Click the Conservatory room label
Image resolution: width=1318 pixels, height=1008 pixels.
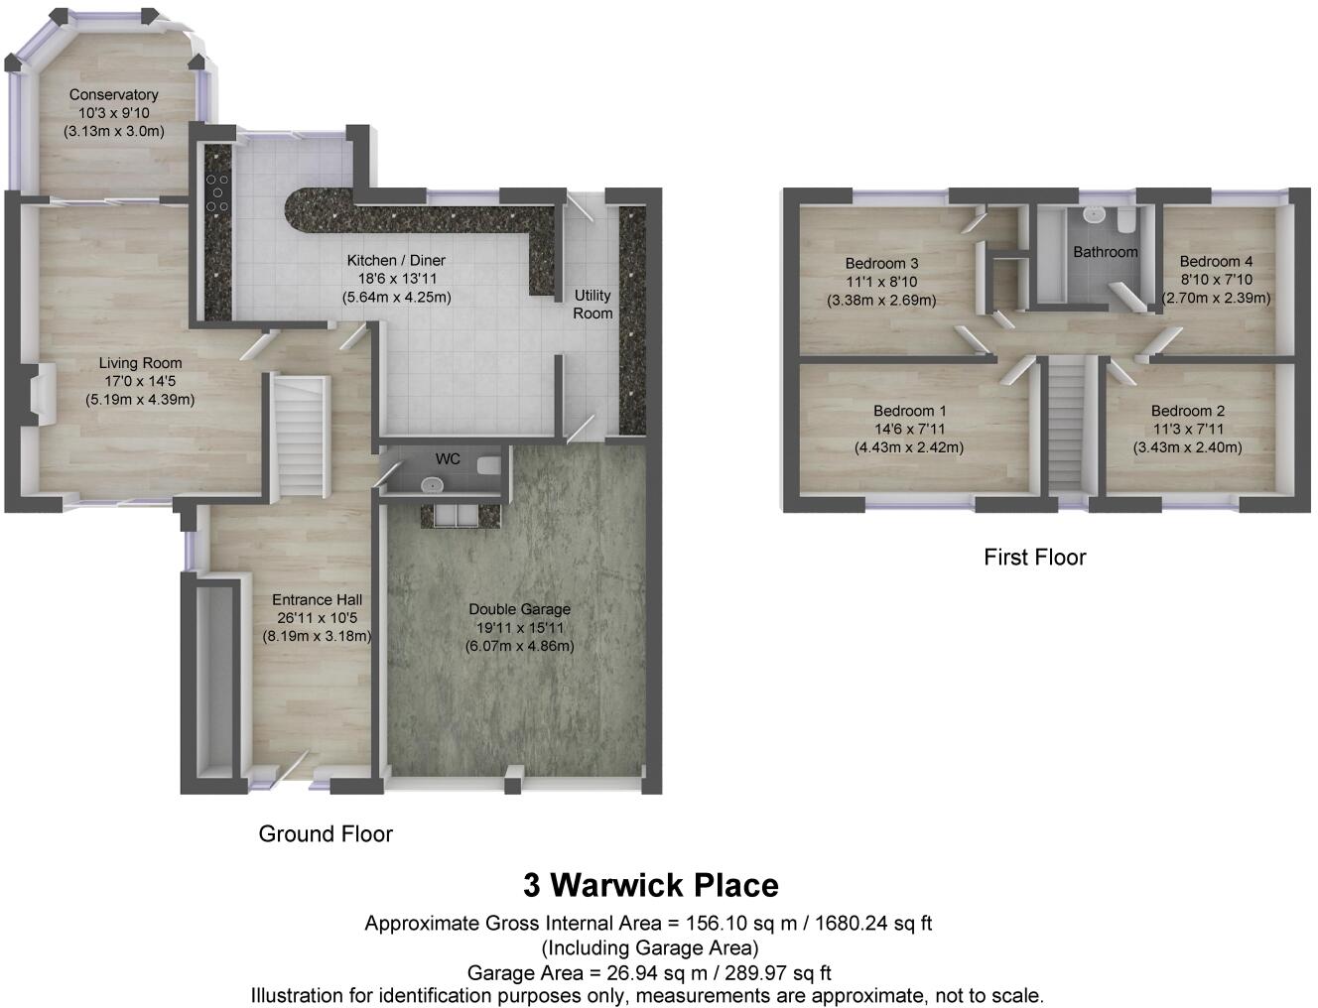113,95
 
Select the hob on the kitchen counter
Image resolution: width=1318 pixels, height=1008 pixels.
216,192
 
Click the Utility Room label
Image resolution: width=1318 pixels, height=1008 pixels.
593,304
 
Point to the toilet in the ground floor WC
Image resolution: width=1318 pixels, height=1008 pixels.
489,465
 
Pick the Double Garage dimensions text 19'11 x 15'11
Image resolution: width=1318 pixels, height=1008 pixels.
519,628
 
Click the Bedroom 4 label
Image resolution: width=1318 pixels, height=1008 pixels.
1216,262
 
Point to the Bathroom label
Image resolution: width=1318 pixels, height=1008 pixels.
1105,252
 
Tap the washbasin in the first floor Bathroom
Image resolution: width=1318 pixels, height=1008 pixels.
1094,213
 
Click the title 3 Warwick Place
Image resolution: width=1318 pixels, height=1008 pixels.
651,884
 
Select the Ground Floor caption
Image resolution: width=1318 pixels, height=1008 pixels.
326,834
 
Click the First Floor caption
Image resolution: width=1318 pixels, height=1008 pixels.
1034,558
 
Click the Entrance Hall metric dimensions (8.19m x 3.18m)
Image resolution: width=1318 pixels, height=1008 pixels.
317,636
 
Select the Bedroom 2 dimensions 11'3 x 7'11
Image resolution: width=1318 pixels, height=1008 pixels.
1188,430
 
